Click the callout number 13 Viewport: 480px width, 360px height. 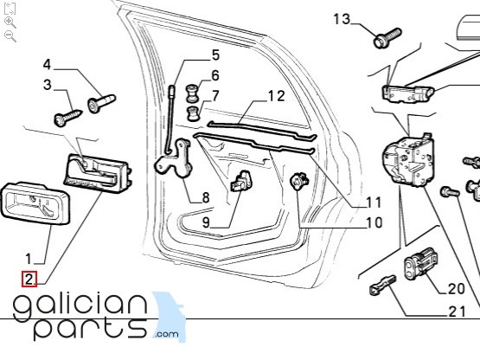click(x=342, y=19)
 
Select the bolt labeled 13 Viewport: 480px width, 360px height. click(x=387, y=38)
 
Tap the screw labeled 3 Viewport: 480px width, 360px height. click(x=68, y=118)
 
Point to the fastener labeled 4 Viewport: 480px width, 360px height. click(x=101, y=103)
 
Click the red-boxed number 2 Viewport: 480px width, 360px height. click(x=29, y=280)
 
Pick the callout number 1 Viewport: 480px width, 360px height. click(x=29, y=259)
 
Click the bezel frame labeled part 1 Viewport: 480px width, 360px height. click(x=35, y=203)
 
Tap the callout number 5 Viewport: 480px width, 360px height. click(x=216, y=55)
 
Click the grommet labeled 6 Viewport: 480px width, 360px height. click(x=192, y=93)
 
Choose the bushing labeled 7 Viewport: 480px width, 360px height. click(x=193, y=113)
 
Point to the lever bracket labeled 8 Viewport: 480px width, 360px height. click(x=174, y=158)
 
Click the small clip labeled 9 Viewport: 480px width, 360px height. click(x=240, y=182)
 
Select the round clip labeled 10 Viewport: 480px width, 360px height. click(x=298, y=181)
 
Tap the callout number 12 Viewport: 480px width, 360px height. click(x=277, y=96)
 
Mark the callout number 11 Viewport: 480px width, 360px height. click(x=374, y=202)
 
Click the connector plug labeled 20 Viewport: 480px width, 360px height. click(x=421, y=264)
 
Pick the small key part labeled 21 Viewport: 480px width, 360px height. click(x=382, y=286)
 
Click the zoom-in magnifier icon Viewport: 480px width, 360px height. click(x=10, y=22)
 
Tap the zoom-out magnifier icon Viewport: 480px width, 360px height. click(x=10, y=36)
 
